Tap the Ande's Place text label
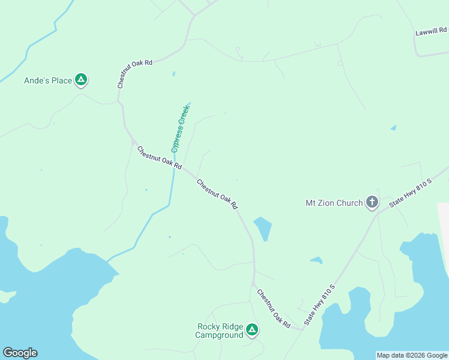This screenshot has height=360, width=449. pos(48,80)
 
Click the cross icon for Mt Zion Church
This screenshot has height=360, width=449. pos(372,202)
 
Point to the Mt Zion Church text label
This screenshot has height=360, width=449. pos(334,203)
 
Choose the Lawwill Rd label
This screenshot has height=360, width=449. pos(432,31)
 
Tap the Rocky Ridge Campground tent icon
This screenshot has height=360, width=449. pos(253,329)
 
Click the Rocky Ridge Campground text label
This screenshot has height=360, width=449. pos(220,331)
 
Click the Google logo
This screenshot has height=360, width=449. pos(20,353)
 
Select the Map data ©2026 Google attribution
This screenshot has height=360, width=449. pos(412,355)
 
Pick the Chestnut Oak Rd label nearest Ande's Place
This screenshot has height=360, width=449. pos(135,74)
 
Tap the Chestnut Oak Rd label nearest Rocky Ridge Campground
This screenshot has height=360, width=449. pos(274,308)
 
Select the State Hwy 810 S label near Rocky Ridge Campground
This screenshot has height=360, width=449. pos(319,305)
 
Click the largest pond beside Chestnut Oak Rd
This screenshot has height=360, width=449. pos(263,228)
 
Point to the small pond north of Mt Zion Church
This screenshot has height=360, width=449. pos(393,128)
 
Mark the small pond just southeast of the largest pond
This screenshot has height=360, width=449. pos(316,260)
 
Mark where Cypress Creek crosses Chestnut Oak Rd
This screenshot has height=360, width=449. pos(175,168)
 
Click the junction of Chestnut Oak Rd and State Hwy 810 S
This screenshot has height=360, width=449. pos(301,329)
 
